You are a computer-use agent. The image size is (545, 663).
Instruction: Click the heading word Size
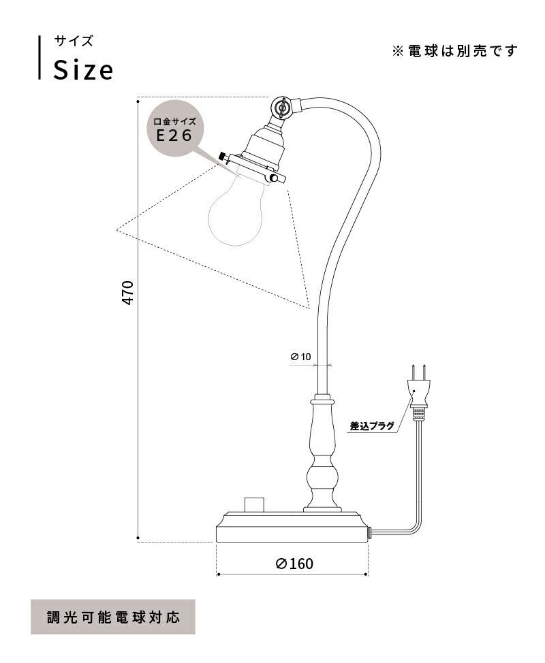83,69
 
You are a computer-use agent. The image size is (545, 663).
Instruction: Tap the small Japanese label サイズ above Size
74,41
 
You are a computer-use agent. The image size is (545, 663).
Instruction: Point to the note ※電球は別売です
454,51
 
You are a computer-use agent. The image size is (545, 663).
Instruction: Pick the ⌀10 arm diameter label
300,356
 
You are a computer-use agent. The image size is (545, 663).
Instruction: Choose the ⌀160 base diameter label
294,564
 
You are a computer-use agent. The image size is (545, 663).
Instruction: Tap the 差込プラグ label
372,426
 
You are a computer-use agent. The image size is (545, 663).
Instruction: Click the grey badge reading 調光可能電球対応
113,617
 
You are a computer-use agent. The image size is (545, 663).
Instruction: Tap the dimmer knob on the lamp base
253,504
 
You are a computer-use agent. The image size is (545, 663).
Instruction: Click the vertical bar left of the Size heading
39,57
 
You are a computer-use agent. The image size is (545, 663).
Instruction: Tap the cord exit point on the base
369,532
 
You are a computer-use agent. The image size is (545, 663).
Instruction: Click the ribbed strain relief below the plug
420,411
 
